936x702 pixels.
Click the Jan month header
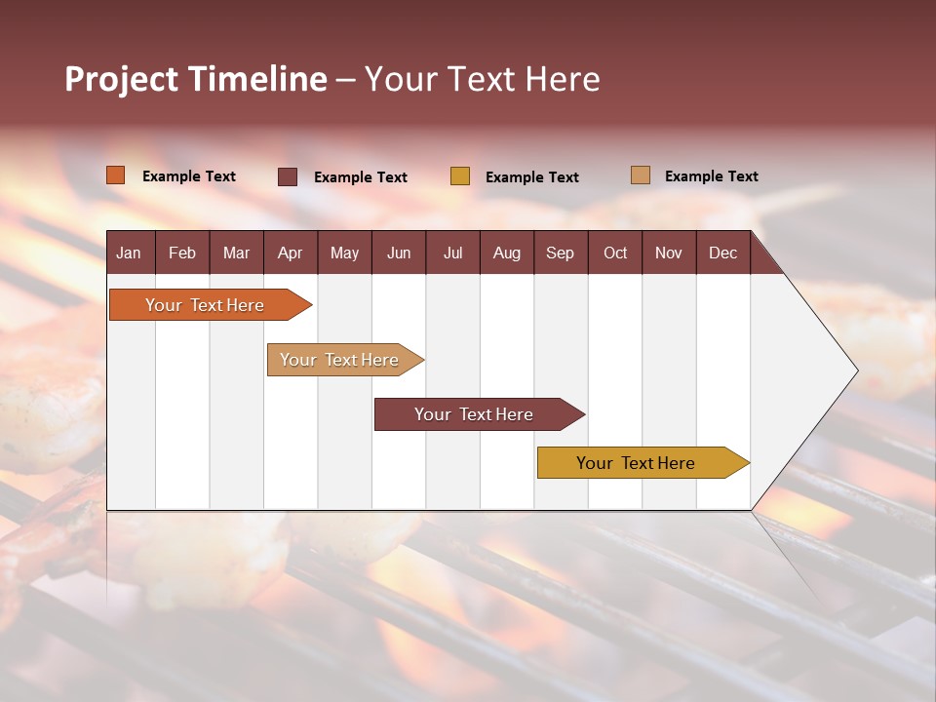pos(129,253)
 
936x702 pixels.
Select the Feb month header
pos(182,253)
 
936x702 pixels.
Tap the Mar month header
pos(236,253)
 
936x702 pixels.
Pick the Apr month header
pos(290,253)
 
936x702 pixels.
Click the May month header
pos(344,253)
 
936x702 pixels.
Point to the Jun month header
pos(399,253)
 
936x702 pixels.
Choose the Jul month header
pos(452,253)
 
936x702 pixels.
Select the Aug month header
pos(506,253)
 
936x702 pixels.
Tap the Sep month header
pos(560,253)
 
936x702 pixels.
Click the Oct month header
pos(615,253)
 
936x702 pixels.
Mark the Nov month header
pos(669,253)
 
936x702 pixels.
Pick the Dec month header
pos(722,253)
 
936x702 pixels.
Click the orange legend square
pos(116,175)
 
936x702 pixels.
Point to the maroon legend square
pos(288,176)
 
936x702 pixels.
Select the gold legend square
pos(460,176)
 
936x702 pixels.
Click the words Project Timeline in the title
pos(196,79)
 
